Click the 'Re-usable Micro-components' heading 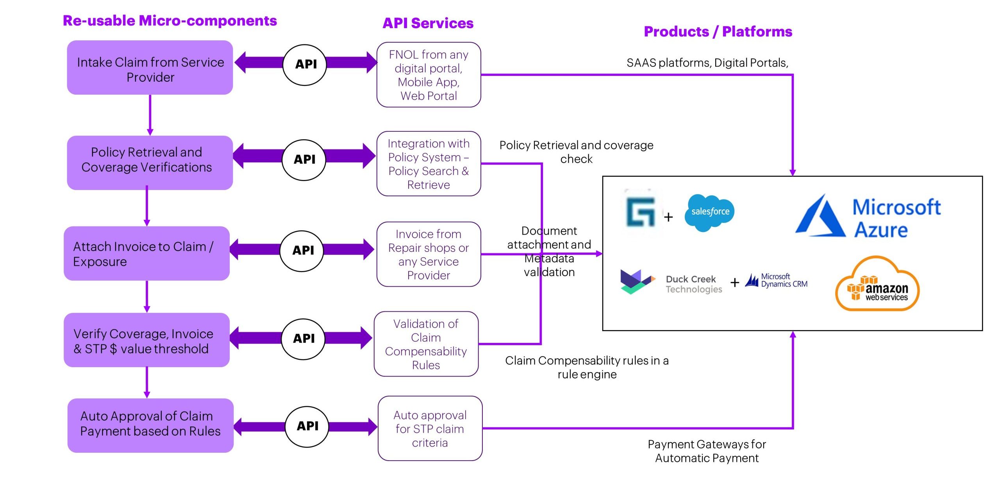pos(170,21)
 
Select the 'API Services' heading pos(428,23)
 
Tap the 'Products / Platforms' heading pos(718,31)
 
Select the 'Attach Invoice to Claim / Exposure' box pos(147,253)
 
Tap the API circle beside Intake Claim pos(305,65)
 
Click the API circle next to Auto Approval pos(307,426)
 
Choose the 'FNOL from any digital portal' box pos(429,75)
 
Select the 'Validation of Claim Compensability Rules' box pos(426,344)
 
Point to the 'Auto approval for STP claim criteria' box pos(430,429)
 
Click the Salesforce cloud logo pos(710,212)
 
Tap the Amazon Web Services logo pos(877,285)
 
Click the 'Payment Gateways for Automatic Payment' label pos(707,451)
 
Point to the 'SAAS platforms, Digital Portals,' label pos(707,63)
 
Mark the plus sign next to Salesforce pos(668,217)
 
